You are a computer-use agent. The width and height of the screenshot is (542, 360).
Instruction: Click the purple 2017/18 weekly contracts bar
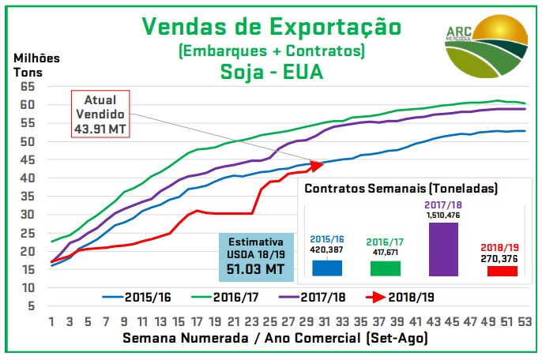click(x=444, y=249)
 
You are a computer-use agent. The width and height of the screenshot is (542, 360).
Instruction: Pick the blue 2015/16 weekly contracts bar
click(x=326, y=268)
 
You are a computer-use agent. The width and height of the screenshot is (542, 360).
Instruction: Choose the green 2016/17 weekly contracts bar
click(x=385, y=268)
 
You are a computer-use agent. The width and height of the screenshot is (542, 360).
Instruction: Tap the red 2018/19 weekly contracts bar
click(x=502, y=271)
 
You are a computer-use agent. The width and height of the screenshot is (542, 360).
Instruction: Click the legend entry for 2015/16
click(x=138, y=297)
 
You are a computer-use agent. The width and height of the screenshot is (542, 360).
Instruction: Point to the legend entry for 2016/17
click(x=228, y=297)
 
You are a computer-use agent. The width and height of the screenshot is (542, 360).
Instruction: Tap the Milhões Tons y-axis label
click(x=36, y=65)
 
